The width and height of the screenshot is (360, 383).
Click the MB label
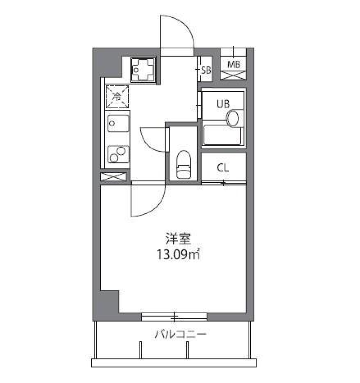(234, 64)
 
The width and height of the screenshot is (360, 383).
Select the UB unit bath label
(222, 105)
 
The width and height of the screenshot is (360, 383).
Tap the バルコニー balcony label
(181, 334)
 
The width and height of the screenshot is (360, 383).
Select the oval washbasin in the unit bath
(233, 118)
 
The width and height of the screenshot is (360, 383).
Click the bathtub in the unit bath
(223, 135)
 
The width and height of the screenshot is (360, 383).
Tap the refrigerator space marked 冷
(117, 97)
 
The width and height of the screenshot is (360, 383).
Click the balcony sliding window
(174, 317)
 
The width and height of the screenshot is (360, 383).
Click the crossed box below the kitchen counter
(115, 177)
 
